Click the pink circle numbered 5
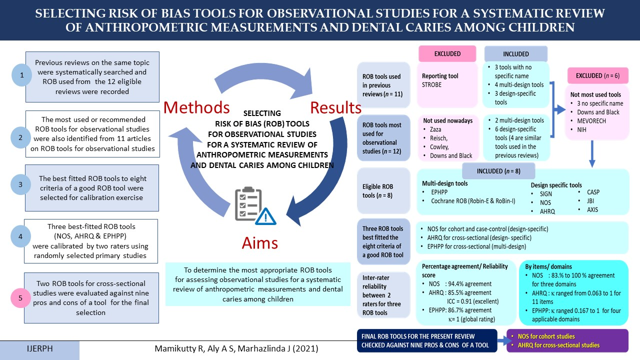tap(20, 298)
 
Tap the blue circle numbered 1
tap(21, 75)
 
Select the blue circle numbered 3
tap(20, 184)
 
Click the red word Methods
tap(196, 107)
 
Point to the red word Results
tap(335, 107)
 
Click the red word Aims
tap(259, 243)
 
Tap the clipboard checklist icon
tap(248, 203)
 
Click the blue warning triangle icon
tap(265, 216)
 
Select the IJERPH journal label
tap(39, 349)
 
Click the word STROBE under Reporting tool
tap(431, 85)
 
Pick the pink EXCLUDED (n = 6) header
tap(597, 75)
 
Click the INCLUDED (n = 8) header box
tap(498, 171)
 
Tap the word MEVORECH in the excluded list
tap(591, 121)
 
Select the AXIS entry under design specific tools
tap(592, 209)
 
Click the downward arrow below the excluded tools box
tap(592, 153)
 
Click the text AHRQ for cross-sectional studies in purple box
tap(558, 345)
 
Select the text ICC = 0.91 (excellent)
tap(473, 301)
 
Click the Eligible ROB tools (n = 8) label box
tap(383, 191)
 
